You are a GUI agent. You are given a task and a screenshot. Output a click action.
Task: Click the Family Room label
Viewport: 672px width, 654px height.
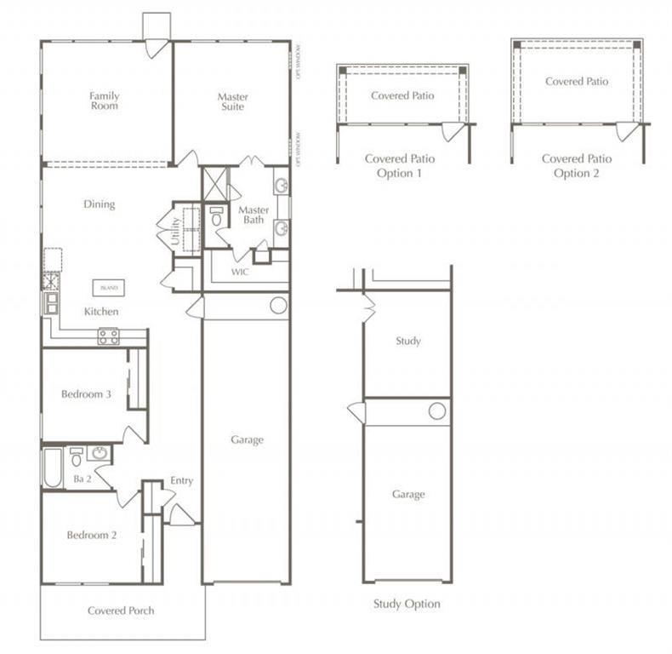(105, 100)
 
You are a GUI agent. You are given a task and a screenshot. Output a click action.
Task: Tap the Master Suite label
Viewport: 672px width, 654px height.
(232, 101)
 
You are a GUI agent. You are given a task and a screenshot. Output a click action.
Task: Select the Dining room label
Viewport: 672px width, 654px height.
(99, 204)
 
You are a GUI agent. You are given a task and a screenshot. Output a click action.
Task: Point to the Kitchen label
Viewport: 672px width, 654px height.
(101, 312)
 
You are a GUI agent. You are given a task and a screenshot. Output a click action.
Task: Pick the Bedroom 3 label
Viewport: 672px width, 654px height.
(86, 394)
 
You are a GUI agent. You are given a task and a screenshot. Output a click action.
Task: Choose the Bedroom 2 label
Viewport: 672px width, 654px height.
(91, 535)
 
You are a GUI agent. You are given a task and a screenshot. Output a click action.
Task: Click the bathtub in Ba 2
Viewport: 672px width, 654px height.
(53, 468)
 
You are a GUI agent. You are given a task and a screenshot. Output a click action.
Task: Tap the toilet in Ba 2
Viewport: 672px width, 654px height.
(77, 458)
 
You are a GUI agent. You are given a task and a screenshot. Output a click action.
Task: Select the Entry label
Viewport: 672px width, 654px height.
(181, 481)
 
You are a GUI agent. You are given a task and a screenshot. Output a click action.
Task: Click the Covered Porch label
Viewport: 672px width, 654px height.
(121, 611)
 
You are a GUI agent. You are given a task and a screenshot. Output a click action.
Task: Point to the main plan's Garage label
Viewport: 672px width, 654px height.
(247, 440)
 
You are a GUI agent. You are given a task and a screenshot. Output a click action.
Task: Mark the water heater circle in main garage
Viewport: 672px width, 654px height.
(277, 306)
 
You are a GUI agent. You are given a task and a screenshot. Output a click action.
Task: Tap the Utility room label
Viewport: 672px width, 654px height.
(176, 230)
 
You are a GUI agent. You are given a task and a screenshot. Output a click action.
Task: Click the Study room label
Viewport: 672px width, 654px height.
(408, 341)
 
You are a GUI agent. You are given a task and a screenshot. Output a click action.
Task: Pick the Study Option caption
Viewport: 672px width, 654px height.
(407, 604)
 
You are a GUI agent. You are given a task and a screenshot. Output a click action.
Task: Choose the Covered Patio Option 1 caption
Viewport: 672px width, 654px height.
(399, 165)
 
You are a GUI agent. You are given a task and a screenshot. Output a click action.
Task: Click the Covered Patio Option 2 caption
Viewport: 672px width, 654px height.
(576, 165)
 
